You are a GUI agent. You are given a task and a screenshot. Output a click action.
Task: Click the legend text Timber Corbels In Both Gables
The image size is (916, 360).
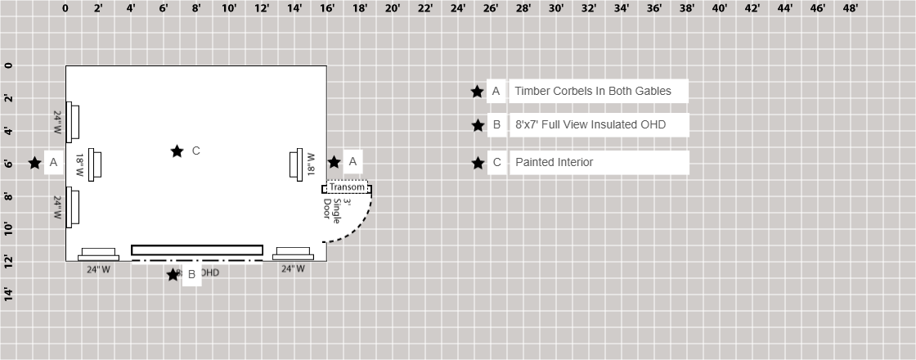pyautogui.click(x=593, y=91)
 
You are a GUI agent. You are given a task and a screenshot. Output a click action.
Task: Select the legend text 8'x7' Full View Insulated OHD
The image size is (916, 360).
pyautogui.click(x=590, y=125)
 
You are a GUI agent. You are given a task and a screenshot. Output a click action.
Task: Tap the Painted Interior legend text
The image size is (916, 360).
pyautogui.click(x=554, y=162)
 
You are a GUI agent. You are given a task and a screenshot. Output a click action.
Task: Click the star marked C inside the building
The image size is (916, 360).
pyautogui.click(x=177, y=151)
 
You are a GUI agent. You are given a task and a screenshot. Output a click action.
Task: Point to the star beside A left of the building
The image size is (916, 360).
pyautogui.click(x=34, y=163)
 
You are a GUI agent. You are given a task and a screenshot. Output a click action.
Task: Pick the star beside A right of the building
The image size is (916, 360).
pyautogui.click(x=334, y=162)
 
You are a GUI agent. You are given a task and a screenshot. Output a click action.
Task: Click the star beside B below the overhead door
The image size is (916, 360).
pyautogui.click(x=173, y=275)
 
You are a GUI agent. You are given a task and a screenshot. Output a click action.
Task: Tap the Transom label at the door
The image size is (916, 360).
pyautogui.click(x=347, y=187)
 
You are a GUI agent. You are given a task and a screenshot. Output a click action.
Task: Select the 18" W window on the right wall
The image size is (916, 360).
pyautogui.click(x=296, y=164)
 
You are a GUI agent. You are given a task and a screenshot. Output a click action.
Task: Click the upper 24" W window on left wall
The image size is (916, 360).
pyautogui.click(x=72, y=121)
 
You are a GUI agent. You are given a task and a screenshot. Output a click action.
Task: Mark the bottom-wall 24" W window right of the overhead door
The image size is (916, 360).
pyautogui.click(x=293, y=254)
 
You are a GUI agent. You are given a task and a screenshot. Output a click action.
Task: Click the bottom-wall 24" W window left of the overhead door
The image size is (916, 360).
pyautogui.click(x=98, y=254)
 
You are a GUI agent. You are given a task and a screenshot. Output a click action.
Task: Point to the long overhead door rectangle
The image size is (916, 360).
pyautogui.click(x=196, y=250)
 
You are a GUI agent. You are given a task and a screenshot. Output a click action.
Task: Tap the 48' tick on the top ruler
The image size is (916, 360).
pyautogui.click(x=850, y=8)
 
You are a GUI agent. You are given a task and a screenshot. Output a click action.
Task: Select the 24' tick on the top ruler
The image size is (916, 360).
pyautogui.click(x=457, y=8)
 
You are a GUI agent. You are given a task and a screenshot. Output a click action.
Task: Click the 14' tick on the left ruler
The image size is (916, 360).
pyautogui.click(x=8, y=295)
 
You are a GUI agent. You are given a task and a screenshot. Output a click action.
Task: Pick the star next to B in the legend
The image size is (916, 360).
pyautogui.click(x=478, y=125)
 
